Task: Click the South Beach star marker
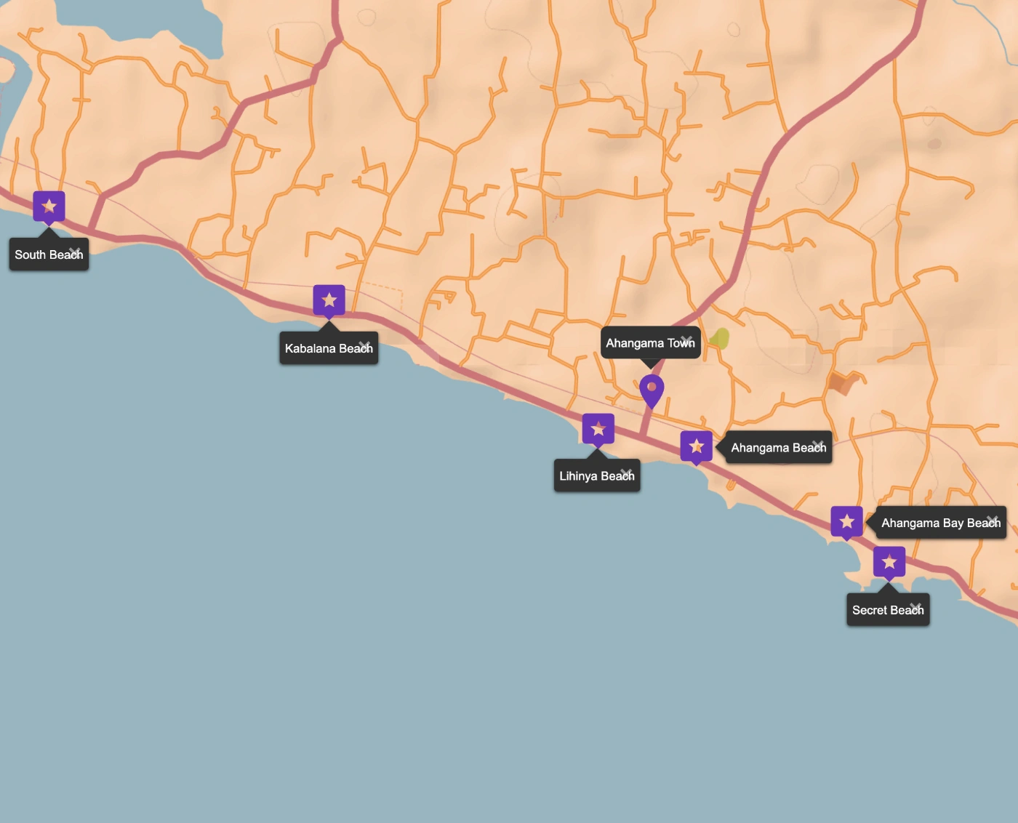coord(49,206)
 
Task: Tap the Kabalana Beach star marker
coord(329,300)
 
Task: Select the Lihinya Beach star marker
coord(598,429)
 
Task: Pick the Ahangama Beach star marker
coord(696,446)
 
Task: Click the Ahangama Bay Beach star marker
coord(846,521)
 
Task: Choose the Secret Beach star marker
coord(889,562)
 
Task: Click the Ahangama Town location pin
coord(652,389)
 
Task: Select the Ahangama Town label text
coord(644,343)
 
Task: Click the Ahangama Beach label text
coord(772,448)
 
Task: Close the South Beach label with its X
coord(75,252)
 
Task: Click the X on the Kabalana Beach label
coord(364,345)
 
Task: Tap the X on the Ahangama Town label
coord(686,340)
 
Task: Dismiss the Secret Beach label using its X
coord(915,607)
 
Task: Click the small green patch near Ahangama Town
coord(719,338)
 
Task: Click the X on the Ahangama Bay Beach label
coord(993,520)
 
